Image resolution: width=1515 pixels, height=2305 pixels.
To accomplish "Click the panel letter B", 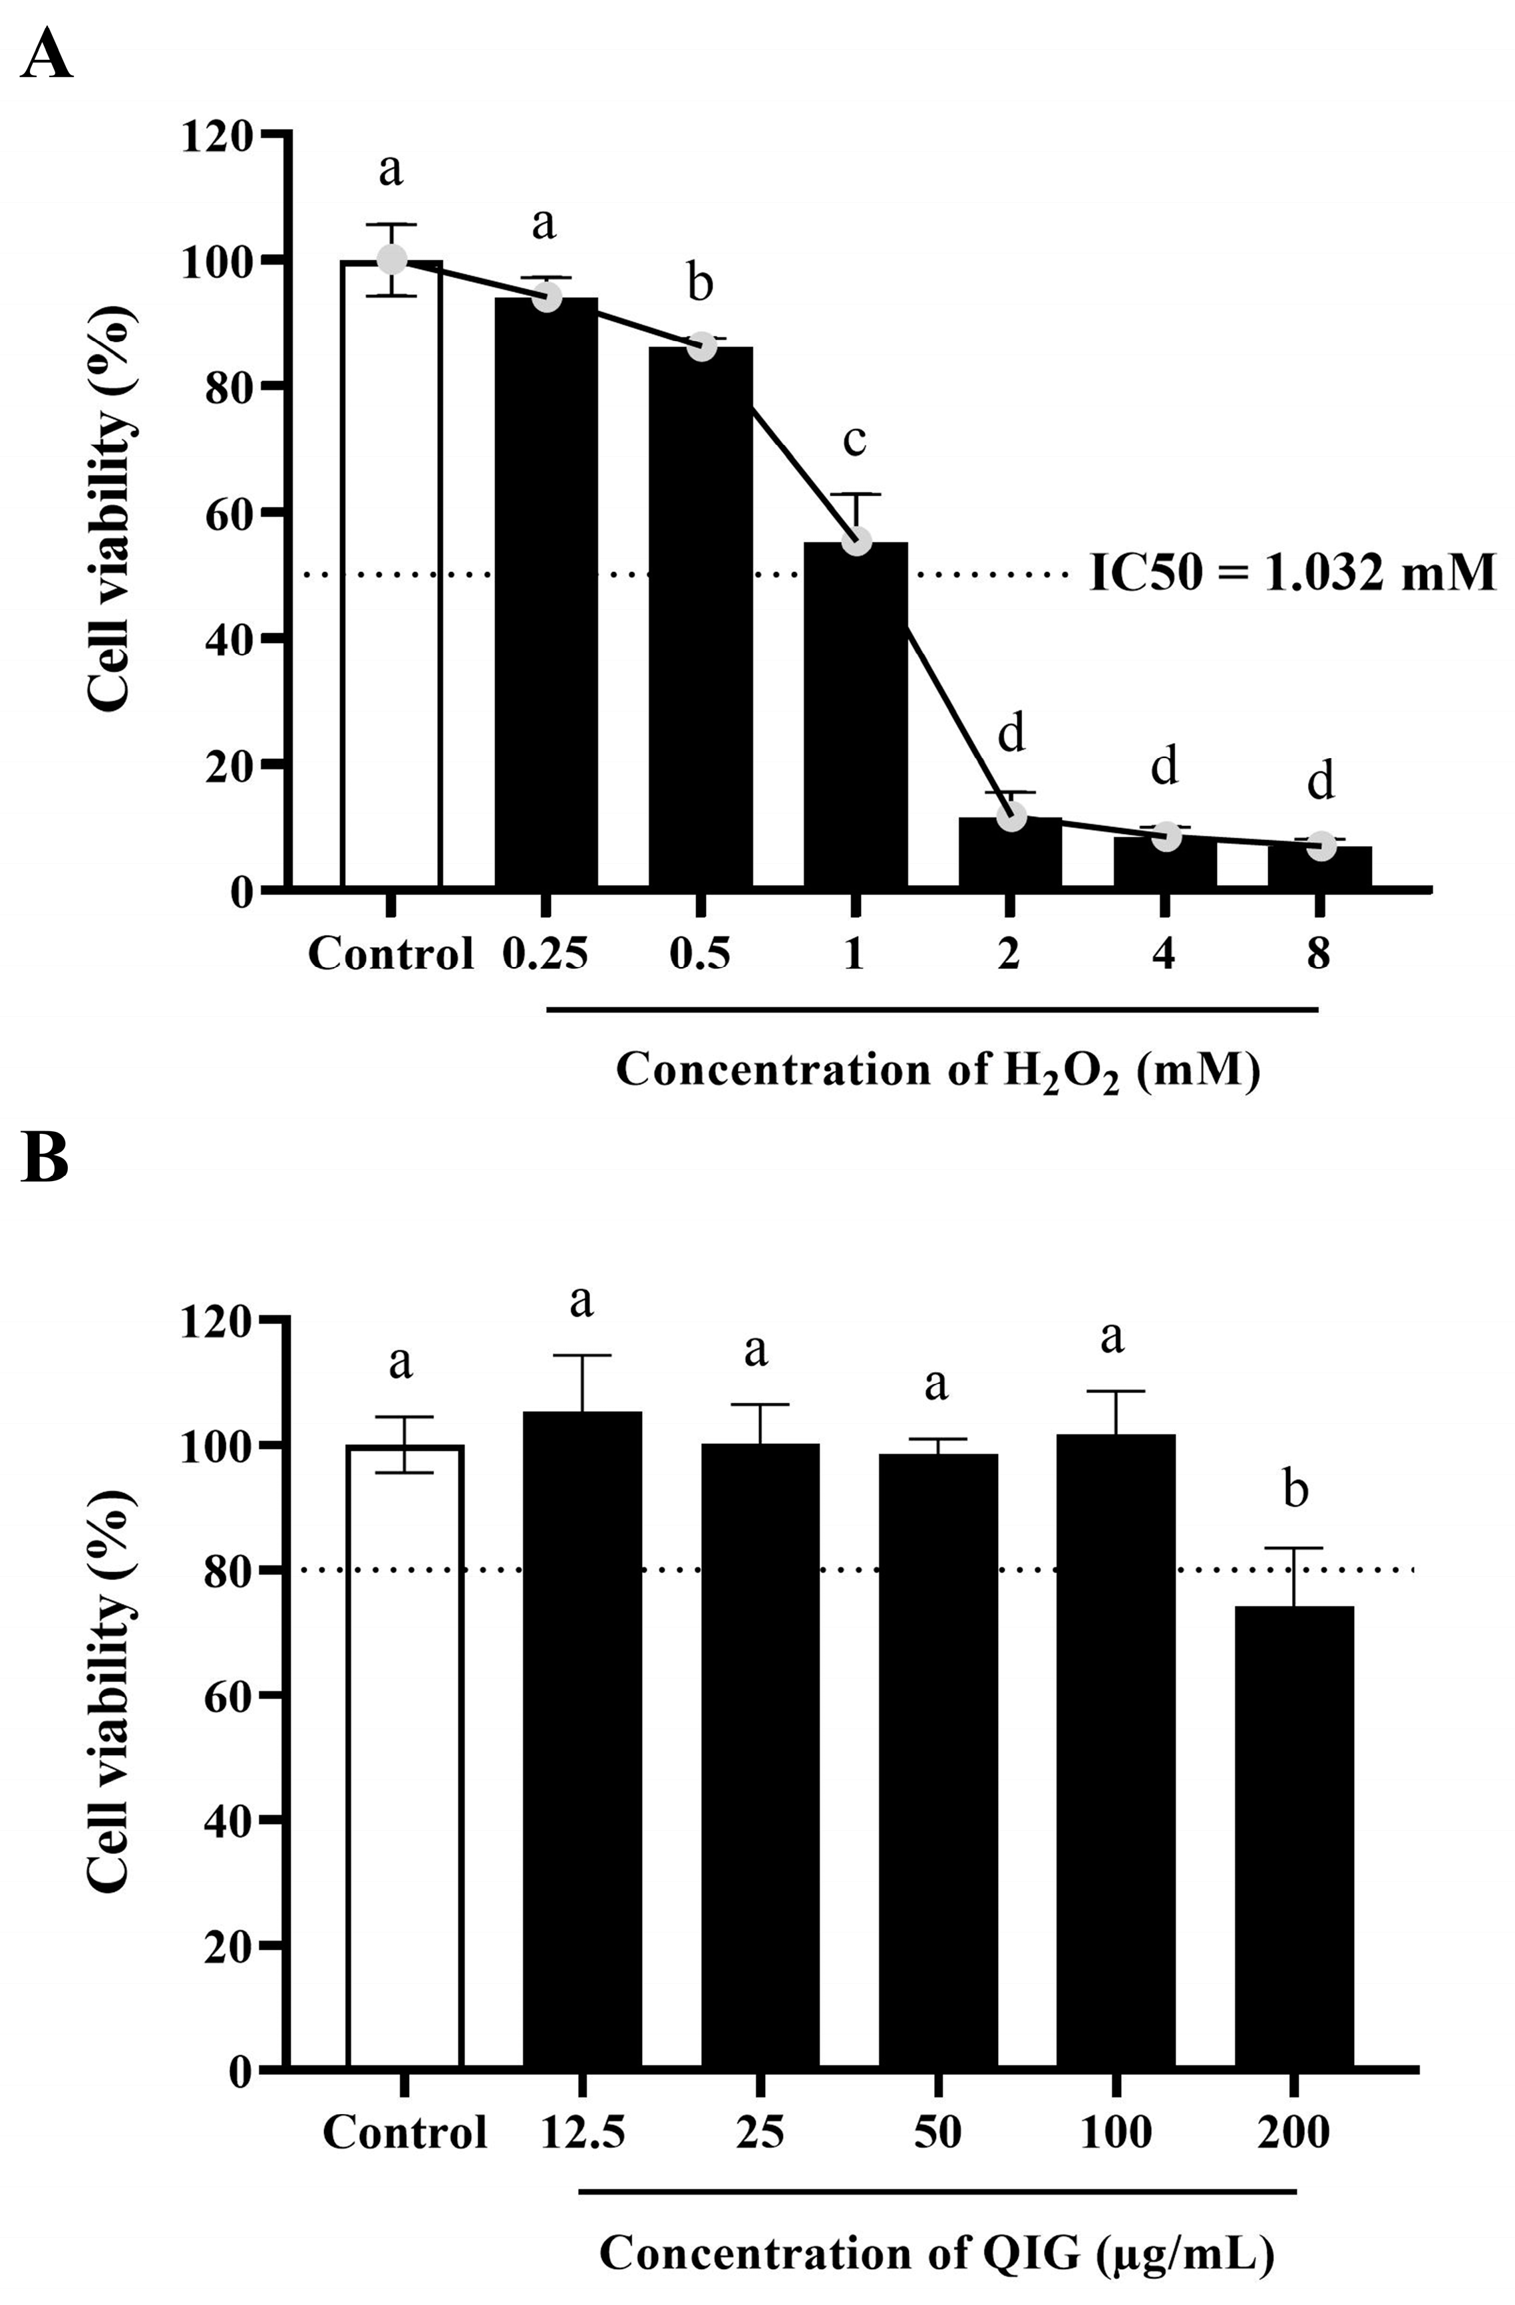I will pos(45,1157).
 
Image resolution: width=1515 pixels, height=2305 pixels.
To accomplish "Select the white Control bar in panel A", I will pos(391,581).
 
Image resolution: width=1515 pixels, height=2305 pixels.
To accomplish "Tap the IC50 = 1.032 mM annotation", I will pos(1292,573).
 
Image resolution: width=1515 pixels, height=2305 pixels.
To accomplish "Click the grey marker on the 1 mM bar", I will pos(856,541).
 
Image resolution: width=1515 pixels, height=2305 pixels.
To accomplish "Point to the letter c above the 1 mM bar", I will pos(854,441).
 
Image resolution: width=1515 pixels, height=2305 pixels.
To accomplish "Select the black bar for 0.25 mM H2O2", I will pos(546,591).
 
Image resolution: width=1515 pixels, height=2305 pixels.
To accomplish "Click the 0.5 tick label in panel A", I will pos(699,954).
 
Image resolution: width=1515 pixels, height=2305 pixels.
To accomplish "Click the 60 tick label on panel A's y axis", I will pos(230,512).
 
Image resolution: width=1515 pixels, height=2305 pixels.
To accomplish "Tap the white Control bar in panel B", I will pos(405,1753).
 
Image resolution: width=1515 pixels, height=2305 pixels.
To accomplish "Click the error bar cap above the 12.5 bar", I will pos(582,1356).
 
